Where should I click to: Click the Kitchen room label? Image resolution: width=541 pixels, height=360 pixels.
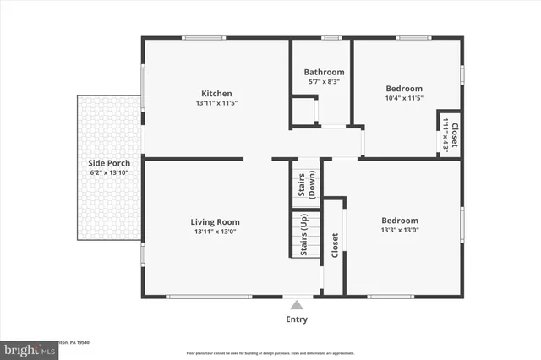[216, 94]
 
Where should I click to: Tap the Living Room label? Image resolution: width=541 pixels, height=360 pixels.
[216, 222]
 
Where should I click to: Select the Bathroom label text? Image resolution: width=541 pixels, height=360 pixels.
[324, 73]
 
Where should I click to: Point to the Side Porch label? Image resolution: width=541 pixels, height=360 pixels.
[109, 163]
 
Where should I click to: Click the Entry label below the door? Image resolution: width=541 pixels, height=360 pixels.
[297, 319]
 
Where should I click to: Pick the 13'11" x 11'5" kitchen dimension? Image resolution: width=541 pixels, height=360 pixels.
[216, 104]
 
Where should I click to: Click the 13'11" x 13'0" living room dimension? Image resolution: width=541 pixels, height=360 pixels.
[216, 232]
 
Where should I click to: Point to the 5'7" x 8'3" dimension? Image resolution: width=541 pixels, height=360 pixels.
[324, 82]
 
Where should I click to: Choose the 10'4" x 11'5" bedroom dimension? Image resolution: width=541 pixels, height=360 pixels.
[404, 98]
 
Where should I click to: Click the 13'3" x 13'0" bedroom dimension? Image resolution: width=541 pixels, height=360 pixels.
[399, 230]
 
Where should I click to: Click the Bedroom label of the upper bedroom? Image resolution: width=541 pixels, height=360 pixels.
[404, 88]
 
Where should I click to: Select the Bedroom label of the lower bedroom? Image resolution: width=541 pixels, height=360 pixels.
[399, 220]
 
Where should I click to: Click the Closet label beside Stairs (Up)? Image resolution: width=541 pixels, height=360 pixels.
[335, 246]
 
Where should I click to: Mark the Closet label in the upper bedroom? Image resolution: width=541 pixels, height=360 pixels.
[455, 136]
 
